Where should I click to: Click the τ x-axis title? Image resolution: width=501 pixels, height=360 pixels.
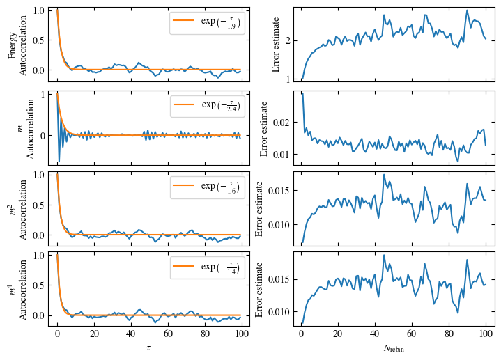(x=149, y=347)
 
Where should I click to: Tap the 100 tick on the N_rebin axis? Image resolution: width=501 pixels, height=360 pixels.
(x=486, y=334)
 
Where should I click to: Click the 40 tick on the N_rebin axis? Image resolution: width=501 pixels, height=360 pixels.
(x=375, y=334)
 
